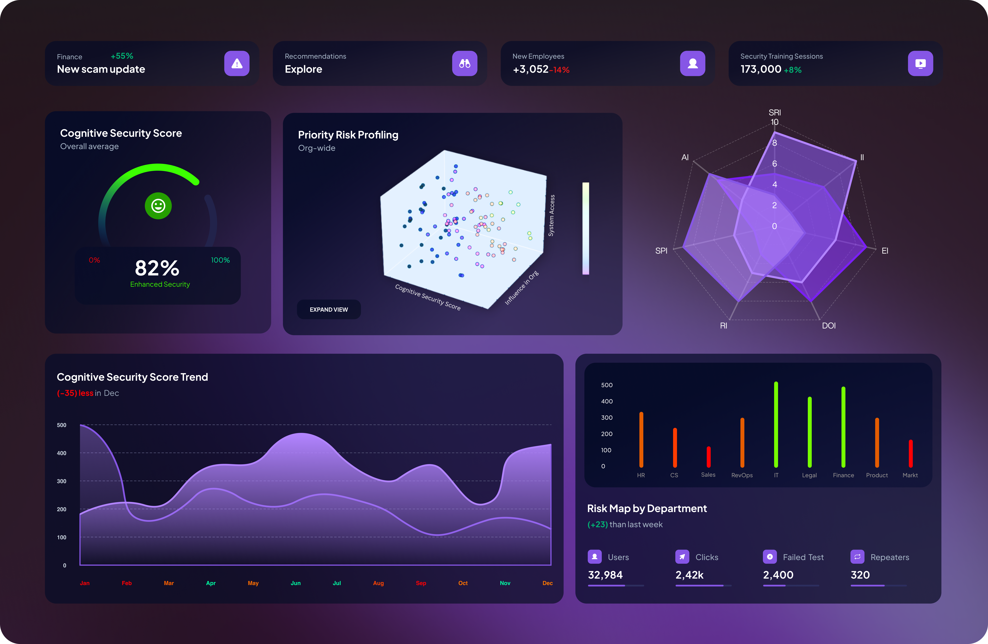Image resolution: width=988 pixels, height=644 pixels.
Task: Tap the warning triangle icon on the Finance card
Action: point(237,63)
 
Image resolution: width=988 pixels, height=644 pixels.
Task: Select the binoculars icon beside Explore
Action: point(464,63)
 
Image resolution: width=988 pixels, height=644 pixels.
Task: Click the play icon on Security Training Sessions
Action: point(920,63)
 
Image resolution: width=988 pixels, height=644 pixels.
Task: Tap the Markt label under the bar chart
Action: point(910,475)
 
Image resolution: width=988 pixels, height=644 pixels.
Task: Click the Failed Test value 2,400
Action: point(778,575)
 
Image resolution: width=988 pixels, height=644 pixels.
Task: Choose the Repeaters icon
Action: point(857,557)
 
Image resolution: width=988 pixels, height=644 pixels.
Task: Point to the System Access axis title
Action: point(551,215)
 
